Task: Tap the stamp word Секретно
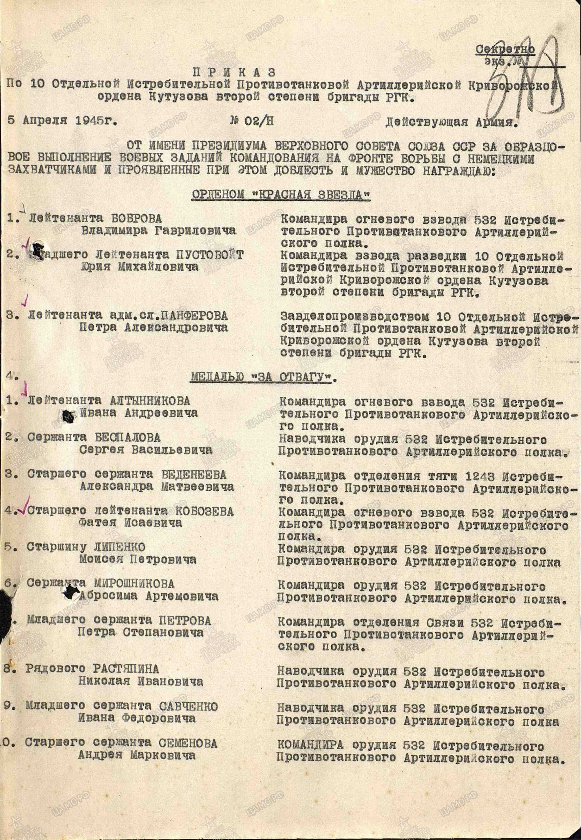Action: (505, 50)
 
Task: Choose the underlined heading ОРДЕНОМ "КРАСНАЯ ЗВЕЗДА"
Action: (281, 195)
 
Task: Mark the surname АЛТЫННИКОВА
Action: (150, 401)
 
